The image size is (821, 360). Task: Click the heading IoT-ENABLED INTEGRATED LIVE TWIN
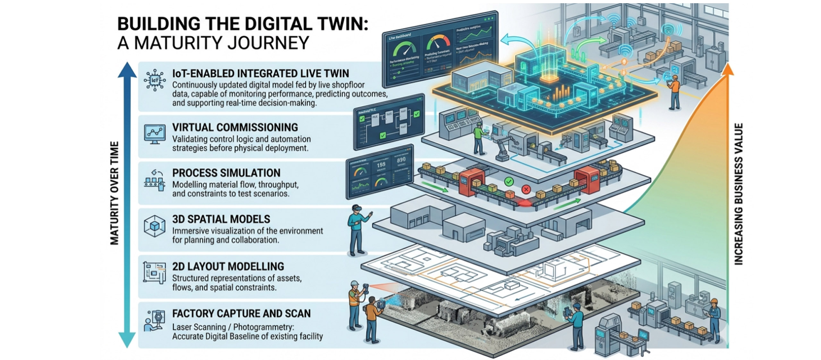tap(260, 73)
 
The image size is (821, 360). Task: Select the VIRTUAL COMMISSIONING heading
tap(235, 127)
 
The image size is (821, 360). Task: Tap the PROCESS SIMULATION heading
tap(226, 173)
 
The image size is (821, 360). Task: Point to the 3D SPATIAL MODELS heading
tap(221, 219)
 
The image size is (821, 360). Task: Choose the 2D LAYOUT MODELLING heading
tap(228, 266)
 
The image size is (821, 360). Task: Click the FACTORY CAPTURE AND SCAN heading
tap(241, 313)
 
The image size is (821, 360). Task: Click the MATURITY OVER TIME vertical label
tap(114, 193)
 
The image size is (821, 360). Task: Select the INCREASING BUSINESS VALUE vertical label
tap(738, 194)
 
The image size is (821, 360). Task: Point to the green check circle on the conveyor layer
tap(509, 182)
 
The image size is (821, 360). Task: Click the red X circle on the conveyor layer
tap(526, 189)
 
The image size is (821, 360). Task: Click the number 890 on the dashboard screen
tap(401, 160)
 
